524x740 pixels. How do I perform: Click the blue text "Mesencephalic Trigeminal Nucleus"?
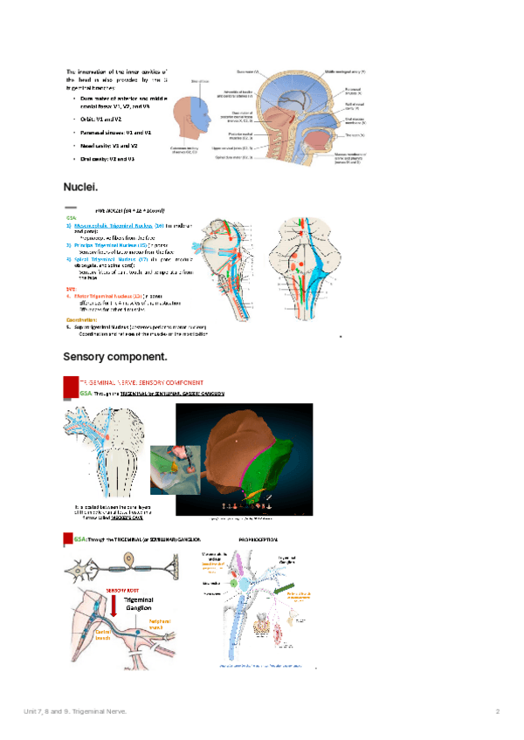click(114, 225)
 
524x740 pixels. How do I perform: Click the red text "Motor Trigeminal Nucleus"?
click(110, 296)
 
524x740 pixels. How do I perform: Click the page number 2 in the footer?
click(496, 712)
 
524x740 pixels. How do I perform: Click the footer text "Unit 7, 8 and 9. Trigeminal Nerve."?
click(75, 712)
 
